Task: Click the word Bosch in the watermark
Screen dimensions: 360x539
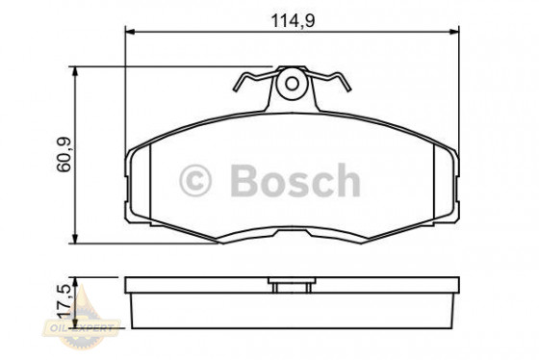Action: (293, 179)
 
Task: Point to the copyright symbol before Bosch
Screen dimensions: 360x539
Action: (196, 180)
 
